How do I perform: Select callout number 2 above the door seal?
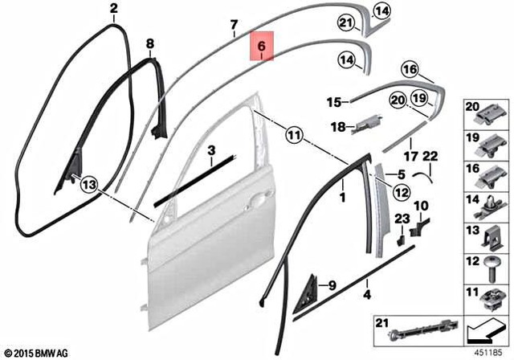coord(113,10)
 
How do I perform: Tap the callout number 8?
coord(149,43)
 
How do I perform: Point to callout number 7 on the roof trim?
coord(234,24)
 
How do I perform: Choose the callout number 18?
coord(338,126)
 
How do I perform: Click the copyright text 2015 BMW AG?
coord(36,352)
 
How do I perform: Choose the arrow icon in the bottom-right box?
coord(486,329)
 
